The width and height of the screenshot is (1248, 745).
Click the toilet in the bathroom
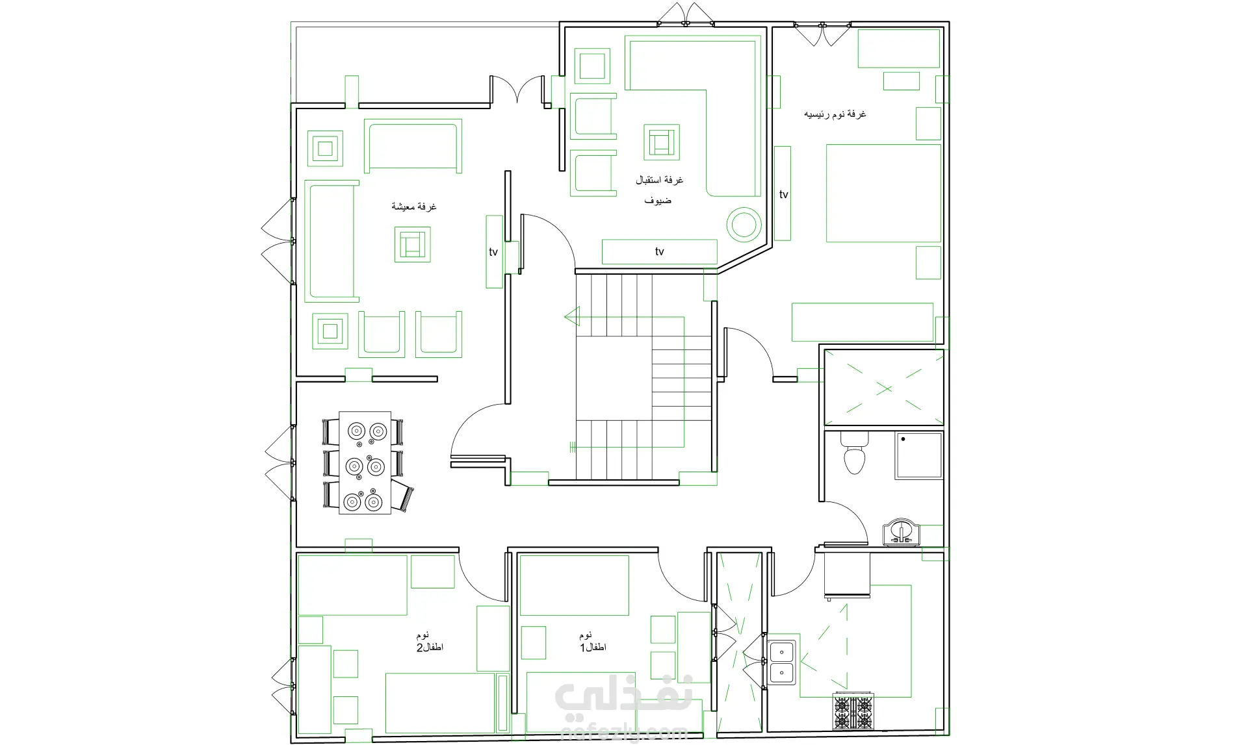click(x=854, y=453)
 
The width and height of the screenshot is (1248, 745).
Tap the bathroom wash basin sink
click(x=902, y=532)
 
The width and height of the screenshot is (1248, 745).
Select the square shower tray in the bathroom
click(x=918, y=455)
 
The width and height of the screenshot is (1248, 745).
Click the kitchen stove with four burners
click(x=853, y=712)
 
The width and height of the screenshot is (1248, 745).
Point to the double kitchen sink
click(x=782, y=663)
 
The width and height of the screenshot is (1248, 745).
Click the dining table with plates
click(x=365, y=462)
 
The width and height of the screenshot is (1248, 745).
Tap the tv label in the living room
click(x=493, y=252)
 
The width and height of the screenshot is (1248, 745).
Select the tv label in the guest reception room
click(x=660, y=251)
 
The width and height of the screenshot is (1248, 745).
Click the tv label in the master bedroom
click(x=784, y=194)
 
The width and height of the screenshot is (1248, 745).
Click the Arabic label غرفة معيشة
click(x=413, y=207)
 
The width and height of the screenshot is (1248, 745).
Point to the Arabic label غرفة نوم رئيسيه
click(x=835, y=114)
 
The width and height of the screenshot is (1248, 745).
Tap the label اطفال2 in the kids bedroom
click(x=430, y=648)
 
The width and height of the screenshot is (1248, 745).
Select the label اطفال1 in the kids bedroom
click(x=593, y=648)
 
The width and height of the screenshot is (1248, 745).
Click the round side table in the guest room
click(x=744, y=225)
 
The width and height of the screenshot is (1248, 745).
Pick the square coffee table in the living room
click(x=412, y=244)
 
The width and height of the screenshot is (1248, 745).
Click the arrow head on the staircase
click(x=572, y=317)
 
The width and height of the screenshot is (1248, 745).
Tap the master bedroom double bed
click(x=883, y=193)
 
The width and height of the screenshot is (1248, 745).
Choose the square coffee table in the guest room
click(x=662, y=142)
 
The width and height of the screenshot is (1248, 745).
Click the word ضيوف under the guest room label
click(x=658, y=201)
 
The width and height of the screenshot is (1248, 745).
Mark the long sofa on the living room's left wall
click(x=331, y=241)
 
